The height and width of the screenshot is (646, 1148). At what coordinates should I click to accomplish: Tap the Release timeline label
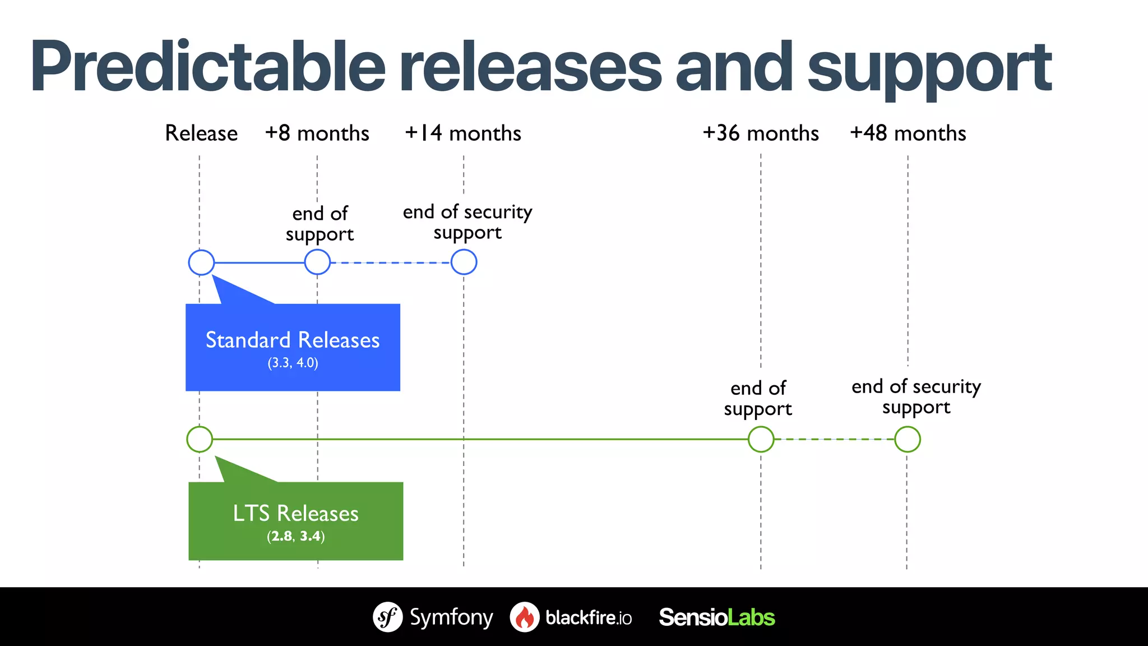pos(201,133)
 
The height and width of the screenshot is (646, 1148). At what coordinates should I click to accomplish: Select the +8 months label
pos(317,133)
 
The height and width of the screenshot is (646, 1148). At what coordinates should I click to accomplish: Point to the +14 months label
pos(463,133)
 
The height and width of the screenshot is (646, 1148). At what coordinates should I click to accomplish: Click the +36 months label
pos(761,133)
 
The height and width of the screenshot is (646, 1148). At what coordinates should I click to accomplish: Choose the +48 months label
pos(908,133)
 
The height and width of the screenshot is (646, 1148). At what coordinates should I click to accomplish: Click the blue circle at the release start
pos(201,262)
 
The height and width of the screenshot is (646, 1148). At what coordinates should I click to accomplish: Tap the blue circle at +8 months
pos(317,262)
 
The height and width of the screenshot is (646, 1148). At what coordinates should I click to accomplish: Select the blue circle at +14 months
pos(464,262)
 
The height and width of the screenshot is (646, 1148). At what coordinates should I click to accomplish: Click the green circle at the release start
pos(200,439)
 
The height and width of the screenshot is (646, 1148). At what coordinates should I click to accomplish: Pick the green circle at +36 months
pos(761,439)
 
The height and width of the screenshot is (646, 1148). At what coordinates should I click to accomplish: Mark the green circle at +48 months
pos(907,439)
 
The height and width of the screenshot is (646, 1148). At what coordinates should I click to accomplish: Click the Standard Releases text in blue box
pos(293,340)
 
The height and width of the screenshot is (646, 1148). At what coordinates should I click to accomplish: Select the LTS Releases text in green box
pos(295,514)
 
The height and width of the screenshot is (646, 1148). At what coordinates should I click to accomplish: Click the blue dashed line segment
pos(391,262)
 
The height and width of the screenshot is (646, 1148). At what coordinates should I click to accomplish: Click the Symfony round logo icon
pos(388,617)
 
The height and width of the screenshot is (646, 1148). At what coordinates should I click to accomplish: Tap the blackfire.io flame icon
pos(525,617)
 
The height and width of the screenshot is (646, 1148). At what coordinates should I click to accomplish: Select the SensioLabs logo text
pos(716,617)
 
